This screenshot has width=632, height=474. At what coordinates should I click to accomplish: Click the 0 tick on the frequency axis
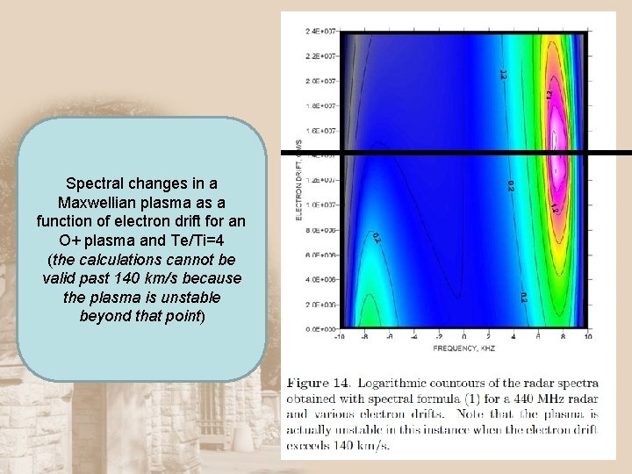point(463,336)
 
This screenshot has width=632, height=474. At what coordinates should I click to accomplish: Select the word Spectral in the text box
point(96,184)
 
